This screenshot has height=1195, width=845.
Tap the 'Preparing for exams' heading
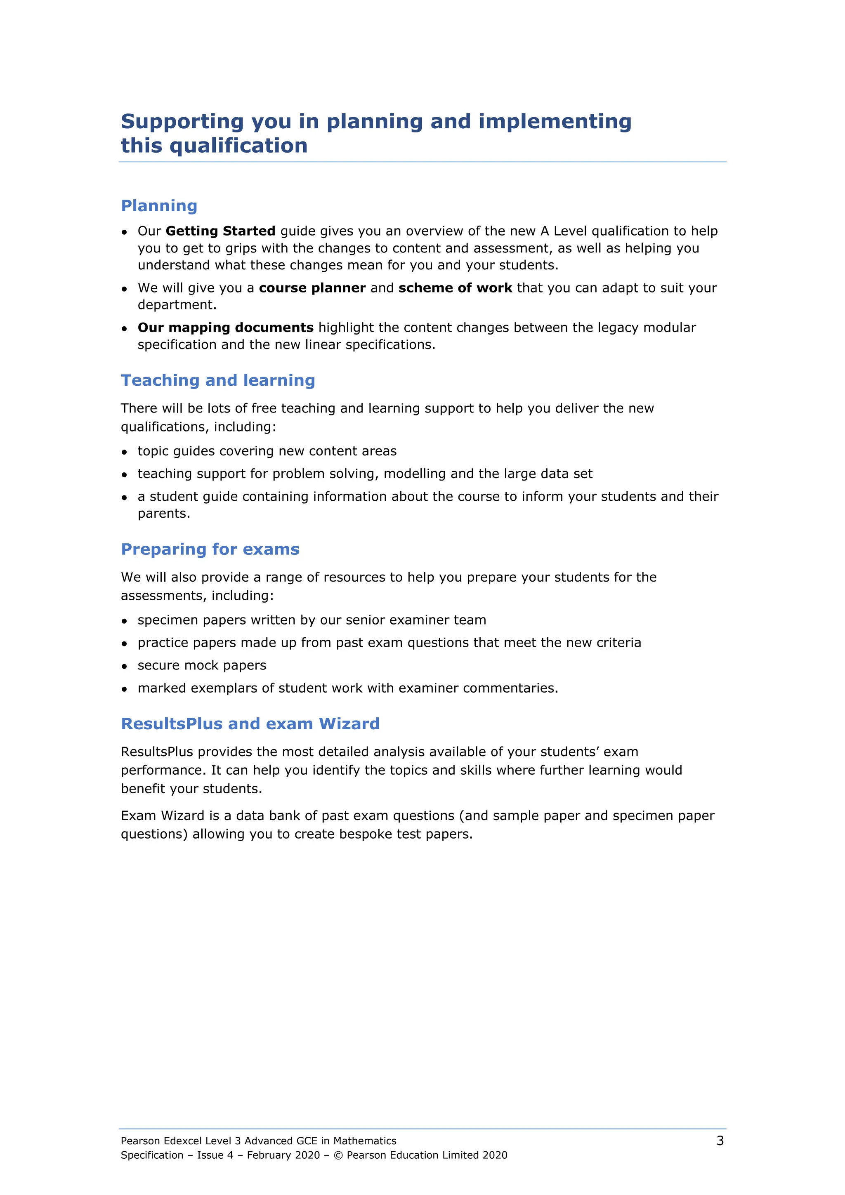(x=210, y=549)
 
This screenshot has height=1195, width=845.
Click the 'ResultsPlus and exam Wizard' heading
(x=250, y=724)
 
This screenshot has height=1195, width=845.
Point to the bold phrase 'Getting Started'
(x=220, y=231)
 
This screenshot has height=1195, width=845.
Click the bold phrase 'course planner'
(x=312, y=288)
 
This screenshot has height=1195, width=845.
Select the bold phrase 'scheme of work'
(x=455, y=288)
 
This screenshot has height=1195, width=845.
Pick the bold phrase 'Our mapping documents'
(x=225, y=328)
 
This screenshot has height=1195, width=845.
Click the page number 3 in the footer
(x=720, y=1141)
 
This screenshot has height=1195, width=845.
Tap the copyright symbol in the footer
(x=338, y=1155)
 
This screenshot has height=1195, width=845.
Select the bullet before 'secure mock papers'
(x=125, y=666)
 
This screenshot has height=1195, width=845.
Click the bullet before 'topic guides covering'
(x=125, y=452)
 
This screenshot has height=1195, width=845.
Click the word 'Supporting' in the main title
(x=182, y=122)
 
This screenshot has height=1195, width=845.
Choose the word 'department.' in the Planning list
(x=177, y=305)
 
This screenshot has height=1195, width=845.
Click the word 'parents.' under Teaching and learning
(x=164, y=514)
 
